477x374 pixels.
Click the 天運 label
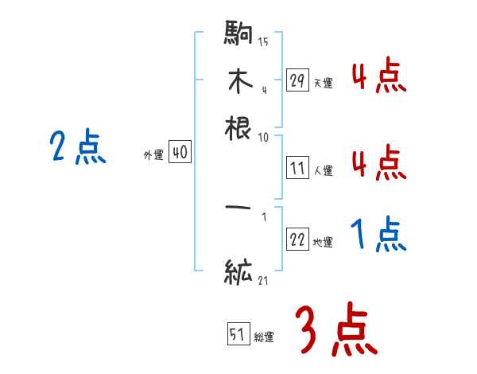pos(323,83)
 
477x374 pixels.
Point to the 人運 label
pos(323,170)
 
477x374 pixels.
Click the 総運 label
pos(263,337)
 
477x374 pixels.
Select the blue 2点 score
pos(77,148)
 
